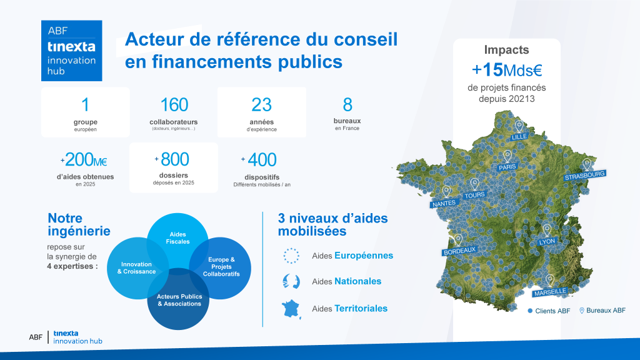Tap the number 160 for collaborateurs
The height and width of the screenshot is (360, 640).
[174, 105]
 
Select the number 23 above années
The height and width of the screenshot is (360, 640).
[261, 105]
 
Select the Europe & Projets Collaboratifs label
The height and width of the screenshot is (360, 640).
[221, 267]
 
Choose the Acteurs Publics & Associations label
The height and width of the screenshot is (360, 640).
[179, 300]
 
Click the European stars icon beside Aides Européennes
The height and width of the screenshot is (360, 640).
[291, 256]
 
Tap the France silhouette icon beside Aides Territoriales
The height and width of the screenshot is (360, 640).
[291, 309]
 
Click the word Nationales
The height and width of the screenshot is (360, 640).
[357, 281]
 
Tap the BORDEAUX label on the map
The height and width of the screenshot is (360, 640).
[459, 251]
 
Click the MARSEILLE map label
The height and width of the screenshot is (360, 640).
[550, 291]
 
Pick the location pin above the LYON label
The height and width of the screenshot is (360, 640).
[547, 229]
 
